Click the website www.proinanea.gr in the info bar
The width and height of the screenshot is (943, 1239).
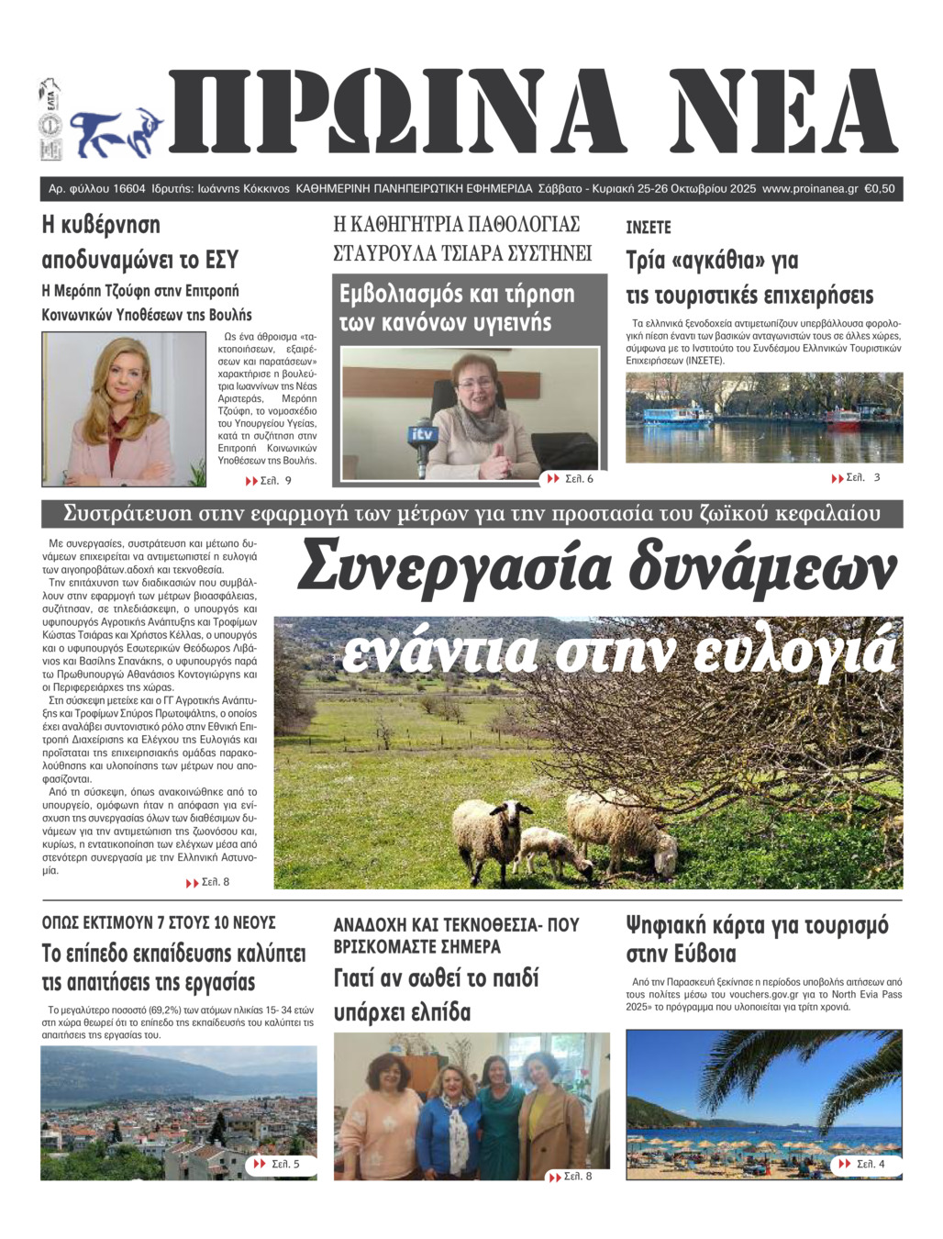tap(809, 189)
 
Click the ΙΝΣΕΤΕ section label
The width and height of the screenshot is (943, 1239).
tap(649, 228)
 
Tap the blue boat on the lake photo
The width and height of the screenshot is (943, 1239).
tap(677, 415)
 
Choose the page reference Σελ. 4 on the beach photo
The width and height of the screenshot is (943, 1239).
tap(869, 1164)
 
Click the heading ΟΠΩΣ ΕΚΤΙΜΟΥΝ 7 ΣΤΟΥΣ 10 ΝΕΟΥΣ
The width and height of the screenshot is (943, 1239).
tap(159, 922)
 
